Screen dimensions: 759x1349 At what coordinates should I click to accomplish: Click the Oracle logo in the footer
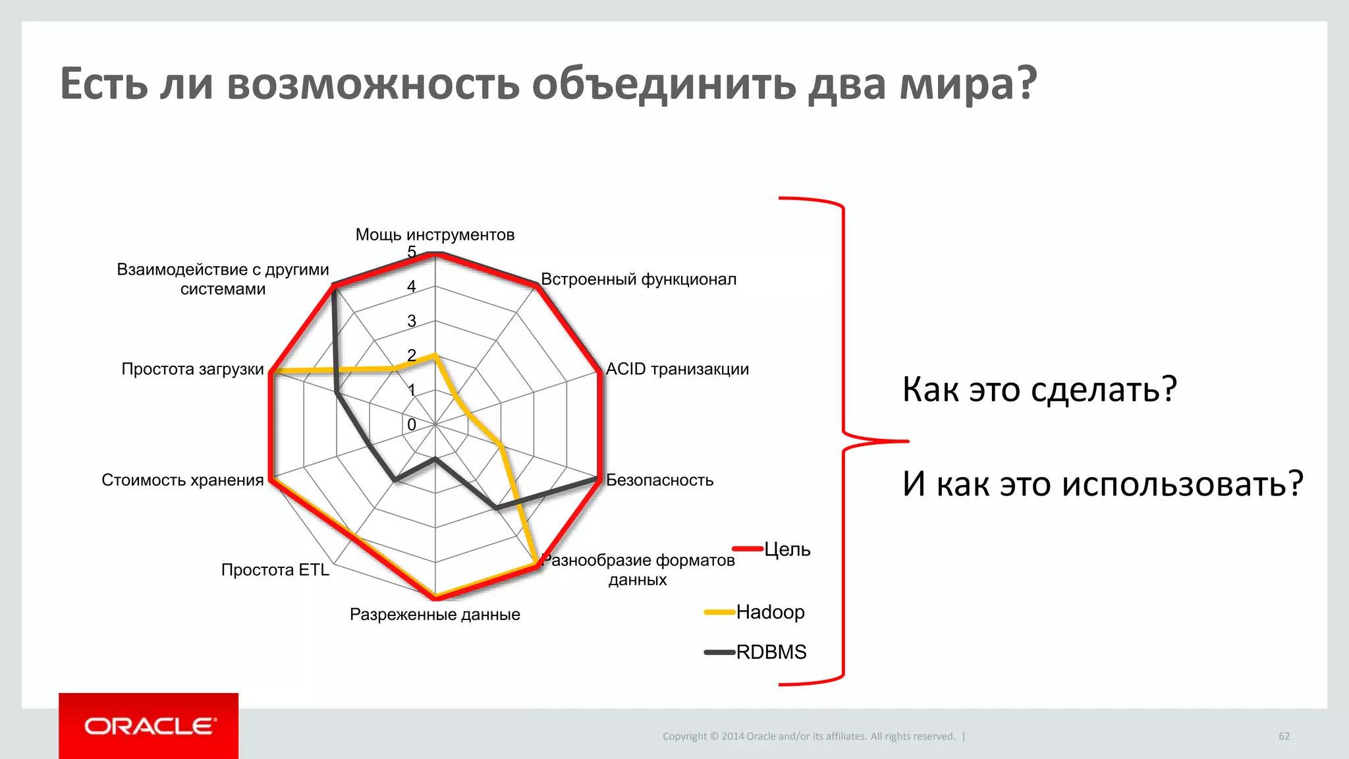149,726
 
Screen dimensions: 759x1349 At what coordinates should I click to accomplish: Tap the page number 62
1284,736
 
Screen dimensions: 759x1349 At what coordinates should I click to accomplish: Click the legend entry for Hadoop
770,612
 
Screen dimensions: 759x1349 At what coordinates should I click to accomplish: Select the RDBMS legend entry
771,652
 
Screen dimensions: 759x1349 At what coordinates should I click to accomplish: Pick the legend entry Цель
786,549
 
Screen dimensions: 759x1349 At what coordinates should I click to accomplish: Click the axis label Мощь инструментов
435,235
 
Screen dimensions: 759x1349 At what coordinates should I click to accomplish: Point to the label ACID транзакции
677,369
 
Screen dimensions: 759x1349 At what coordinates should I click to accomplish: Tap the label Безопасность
659,480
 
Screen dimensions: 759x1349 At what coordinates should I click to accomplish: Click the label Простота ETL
275,569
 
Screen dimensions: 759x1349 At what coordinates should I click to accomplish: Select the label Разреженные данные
435,614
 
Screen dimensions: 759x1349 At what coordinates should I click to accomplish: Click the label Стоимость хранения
182,480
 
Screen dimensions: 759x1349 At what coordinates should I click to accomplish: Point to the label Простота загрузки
192,369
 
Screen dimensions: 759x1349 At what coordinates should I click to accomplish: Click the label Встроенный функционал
638,279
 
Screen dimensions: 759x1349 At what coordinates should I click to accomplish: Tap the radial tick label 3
412,321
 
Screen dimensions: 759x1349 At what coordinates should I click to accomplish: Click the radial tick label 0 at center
412,425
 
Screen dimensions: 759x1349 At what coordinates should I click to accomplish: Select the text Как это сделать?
1039,389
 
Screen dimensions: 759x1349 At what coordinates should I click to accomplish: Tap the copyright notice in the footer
808,736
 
